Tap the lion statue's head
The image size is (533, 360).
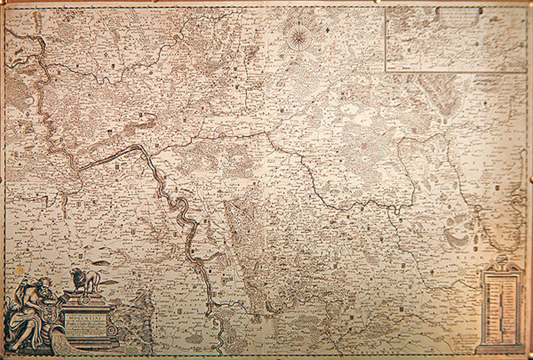click(x=76, y=273)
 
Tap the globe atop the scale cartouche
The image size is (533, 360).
click(x=501, y=259)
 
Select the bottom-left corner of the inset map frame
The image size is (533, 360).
click(x=386, y=71)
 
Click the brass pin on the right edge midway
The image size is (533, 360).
click(x=531, y=180)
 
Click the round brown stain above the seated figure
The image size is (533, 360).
click(x=20, y=271)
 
